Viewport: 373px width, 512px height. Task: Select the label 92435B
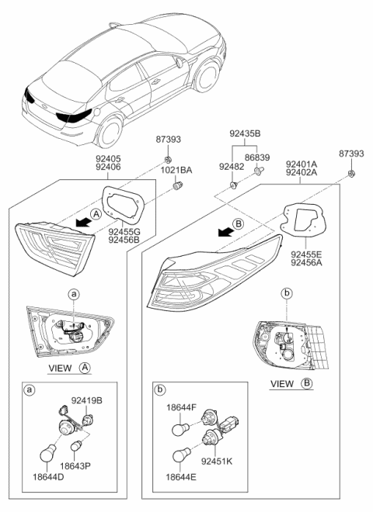point(245,133)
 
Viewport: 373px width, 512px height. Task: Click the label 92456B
point(126,240)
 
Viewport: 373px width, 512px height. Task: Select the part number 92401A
point(301,165)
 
